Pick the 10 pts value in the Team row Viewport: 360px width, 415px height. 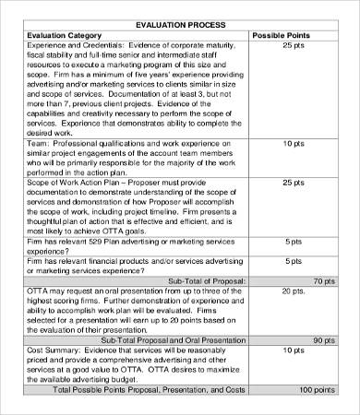[x=293, y=144]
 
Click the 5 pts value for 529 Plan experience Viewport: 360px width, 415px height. [x=293, y=243]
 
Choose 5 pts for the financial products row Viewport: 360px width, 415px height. [x=293, y=264]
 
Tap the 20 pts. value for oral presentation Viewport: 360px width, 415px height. [x=294, y=291]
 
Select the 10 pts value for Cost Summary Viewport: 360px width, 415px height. [x=293, y=351]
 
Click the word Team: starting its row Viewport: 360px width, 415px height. [x=39, y=144]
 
